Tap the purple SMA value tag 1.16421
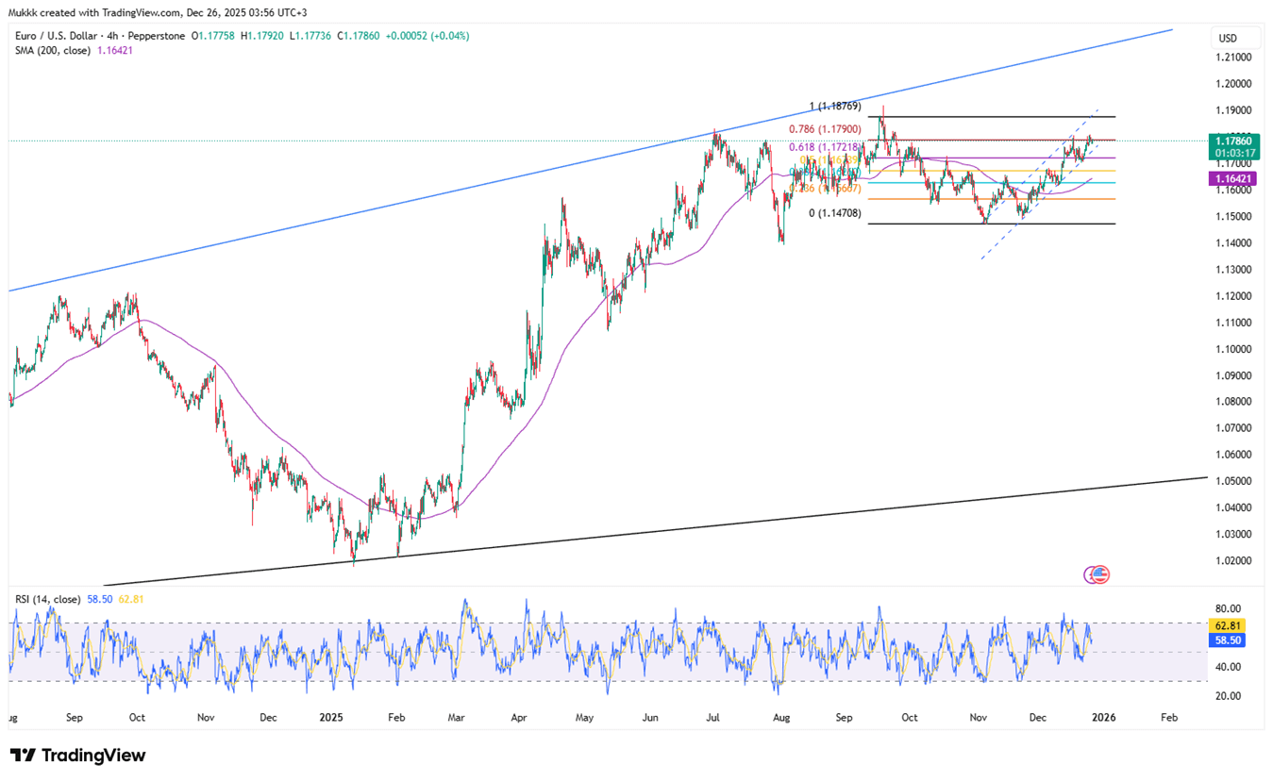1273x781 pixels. (x=1231, y=178)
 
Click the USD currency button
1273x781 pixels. (x=1228, y=39)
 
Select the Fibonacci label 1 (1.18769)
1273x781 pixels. (x=835, y=107)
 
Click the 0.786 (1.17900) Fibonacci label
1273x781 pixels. (x=825, y=128)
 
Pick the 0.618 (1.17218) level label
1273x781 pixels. (x=825, y=148)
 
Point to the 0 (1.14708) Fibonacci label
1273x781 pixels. (x=835, y=214)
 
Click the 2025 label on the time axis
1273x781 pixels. (x=331, y=718)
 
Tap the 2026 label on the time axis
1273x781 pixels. (x=1103, y=718)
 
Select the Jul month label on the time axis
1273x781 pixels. (x=713, y=718)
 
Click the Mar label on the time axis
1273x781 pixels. (x=457, y=718)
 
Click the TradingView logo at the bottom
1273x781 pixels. (x=78, y=756)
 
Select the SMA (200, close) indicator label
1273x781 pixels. (x=52, y=50)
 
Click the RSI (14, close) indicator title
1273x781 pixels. (x=47, y=599)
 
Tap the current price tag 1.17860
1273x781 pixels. (x=1231, y=140)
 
